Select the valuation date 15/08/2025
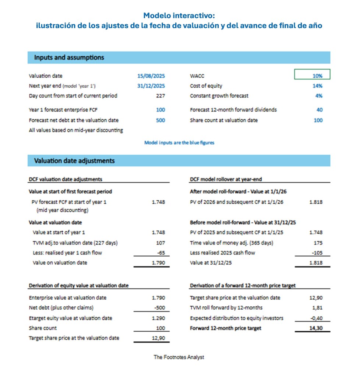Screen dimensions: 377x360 [151, 76]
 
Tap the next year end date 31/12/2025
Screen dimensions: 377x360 [151, 86]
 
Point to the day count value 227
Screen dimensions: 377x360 [160, 96]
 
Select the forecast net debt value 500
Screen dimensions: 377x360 [160, 120]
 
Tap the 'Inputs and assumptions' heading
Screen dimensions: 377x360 [69, 57]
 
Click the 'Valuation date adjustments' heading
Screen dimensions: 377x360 [74, 161]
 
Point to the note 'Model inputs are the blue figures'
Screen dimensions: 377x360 [179, 142]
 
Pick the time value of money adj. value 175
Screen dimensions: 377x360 [318, 243]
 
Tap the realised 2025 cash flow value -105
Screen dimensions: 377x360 [317, 253]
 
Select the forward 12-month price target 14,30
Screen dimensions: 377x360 [316, 328]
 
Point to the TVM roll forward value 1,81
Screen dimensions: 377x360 [317, 308]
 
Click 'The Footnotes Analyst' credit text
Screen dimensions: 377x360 [179, 357]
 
